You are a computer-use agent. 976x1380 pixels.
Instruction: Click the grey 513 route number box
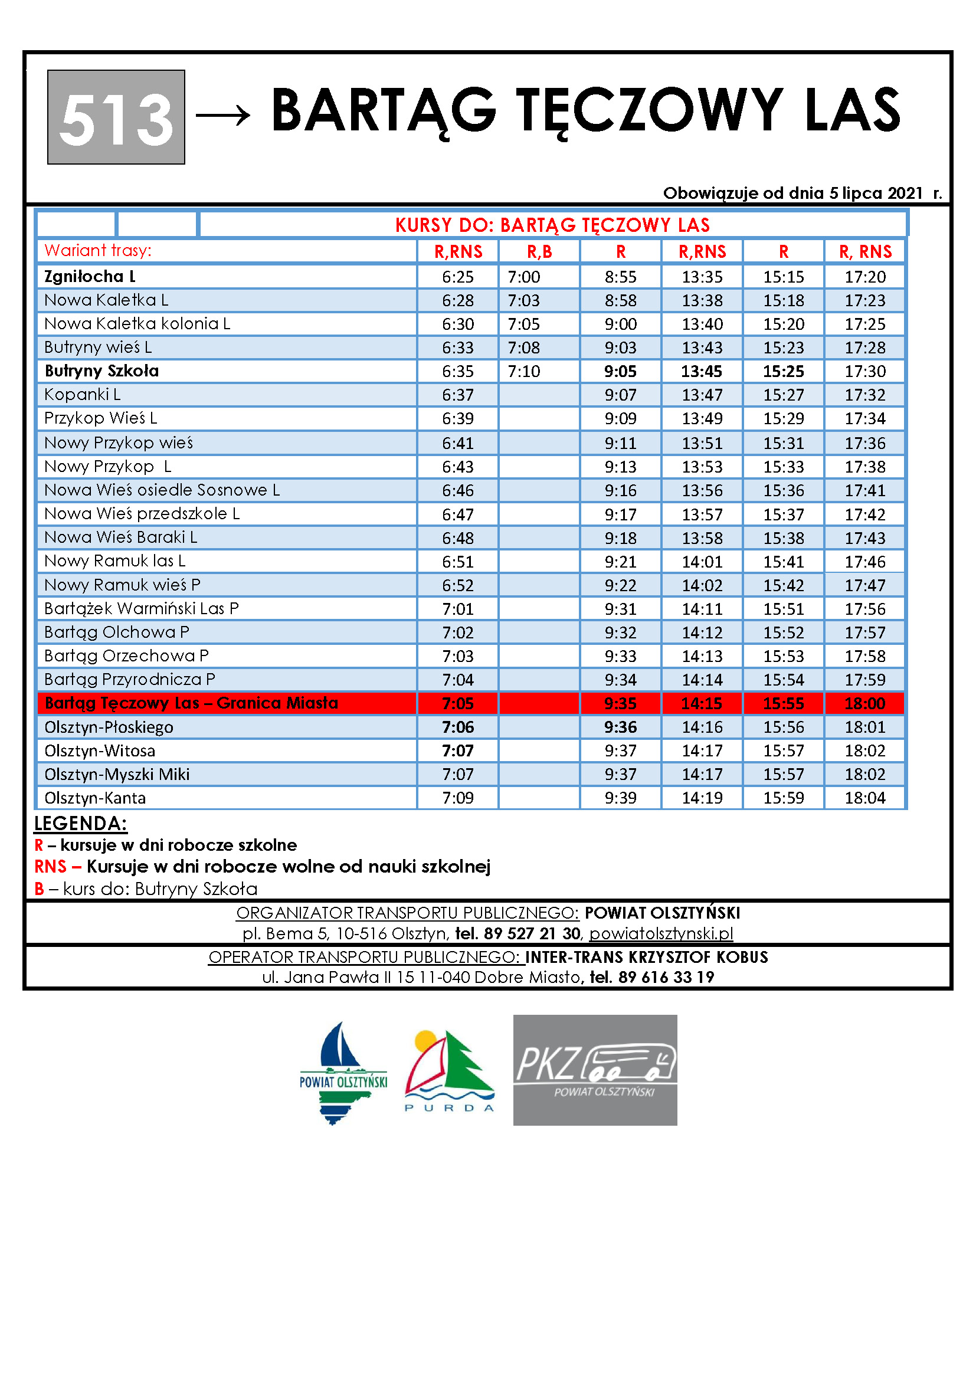click(x=116, y=117)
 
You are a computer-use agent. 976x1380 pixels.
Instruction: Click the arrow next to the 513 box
click(x=223, y=114)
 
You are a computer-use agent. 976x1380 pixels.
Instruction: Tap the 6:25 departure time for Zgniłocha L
click(x=457, y=277)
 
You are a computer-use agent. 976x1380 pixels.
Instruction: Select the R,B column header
click(x=539, y=251)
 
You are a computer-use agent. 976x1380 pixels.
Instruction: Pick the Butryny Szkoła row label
click(x=101, y=371)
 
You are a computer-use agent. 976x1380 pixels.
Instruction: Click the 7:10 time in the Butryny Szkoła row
click(x=523, y=372)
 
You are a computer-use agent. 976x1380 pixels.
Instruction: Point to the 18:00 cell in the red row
click(x=865, y=703)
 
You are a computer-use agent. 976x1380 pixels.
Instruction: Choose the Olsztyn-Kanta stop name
click(x=95, y=798)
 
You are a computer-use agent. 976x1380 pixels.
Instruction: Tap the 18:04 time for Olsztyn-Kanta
click(x=865, y=798)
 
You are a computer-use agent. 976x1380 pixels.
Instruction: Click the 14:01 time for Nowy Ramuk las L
click(x=702, y=561)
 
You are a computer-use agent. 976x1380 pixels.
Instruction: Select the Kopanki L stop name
click(x=83, y=395)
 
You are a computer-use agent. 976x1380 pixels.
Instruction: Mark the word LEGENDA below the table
click(x=80, y=824)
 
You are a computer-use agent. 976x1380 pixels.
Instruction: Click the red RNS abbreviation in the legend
click(x=51, y=867)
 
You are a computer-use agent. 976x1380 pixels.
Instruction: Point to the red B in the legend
click(x=39, y=889)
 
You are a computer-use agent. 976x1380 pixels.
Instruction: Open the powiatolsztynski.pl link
click(x=661, y=933)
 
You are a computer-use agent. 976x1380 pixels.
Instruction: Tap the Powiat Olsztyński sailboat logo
click(x=343, y=1073)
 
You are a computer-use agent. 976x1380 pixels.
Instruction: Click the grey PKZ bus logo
click(x=595, y=1070)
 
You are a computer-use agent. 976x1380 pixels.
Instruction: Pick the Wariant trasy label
click(x=98, y=251)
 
